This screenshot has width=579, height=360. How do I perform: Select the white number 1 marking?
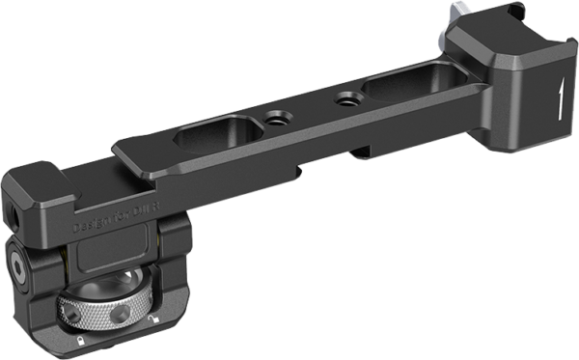pos(560,97)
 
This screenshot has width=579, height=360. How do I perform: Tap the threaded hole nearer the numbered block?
pos(343,99)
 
